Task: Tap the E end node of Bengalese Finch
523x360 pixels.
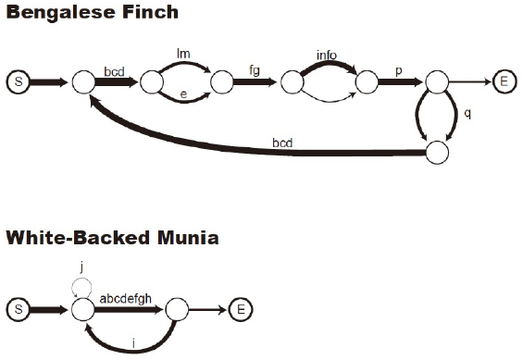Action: click(504, 82)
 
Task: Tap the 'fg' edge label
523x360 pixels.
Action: click(255, 68)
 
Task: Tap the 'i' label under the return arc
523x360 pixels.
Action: click(134, 344)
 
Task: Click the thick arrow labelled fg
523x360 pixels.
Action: click(255, 82)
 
